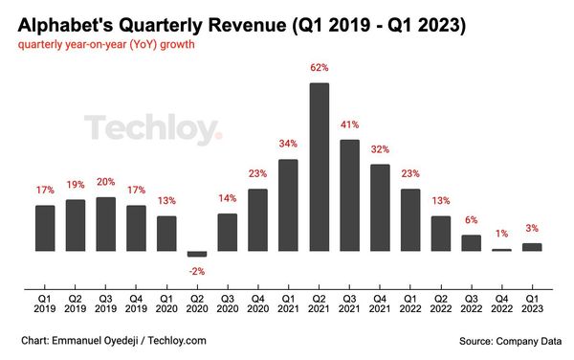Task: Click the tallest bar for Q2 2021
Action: [x=320, y=167]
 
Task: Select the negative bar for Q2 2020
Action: [x=197, y=254]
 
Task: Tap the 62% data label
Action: [x=320, y=68]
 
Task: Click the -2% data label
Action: [x=197, y=271]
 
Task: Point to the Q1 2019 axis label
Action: [x=45, y=305]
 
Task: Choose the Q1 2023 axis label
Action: [x=532, y=305]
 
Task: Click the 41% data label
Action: [x=350, y=124]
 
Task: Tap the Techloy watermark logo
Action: [x=152, y=129]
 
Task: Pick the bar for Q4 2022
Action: [x=501, y=250]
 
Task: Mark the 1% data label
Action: [x=501, y=235]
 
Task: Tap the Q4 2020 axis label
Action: [x=258, y=305]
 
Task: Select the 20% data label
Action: [x=106, y=182]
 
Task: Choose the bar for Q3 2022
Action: [x=471, y=243]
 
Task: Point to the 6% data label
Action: [x=471, y=220]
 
